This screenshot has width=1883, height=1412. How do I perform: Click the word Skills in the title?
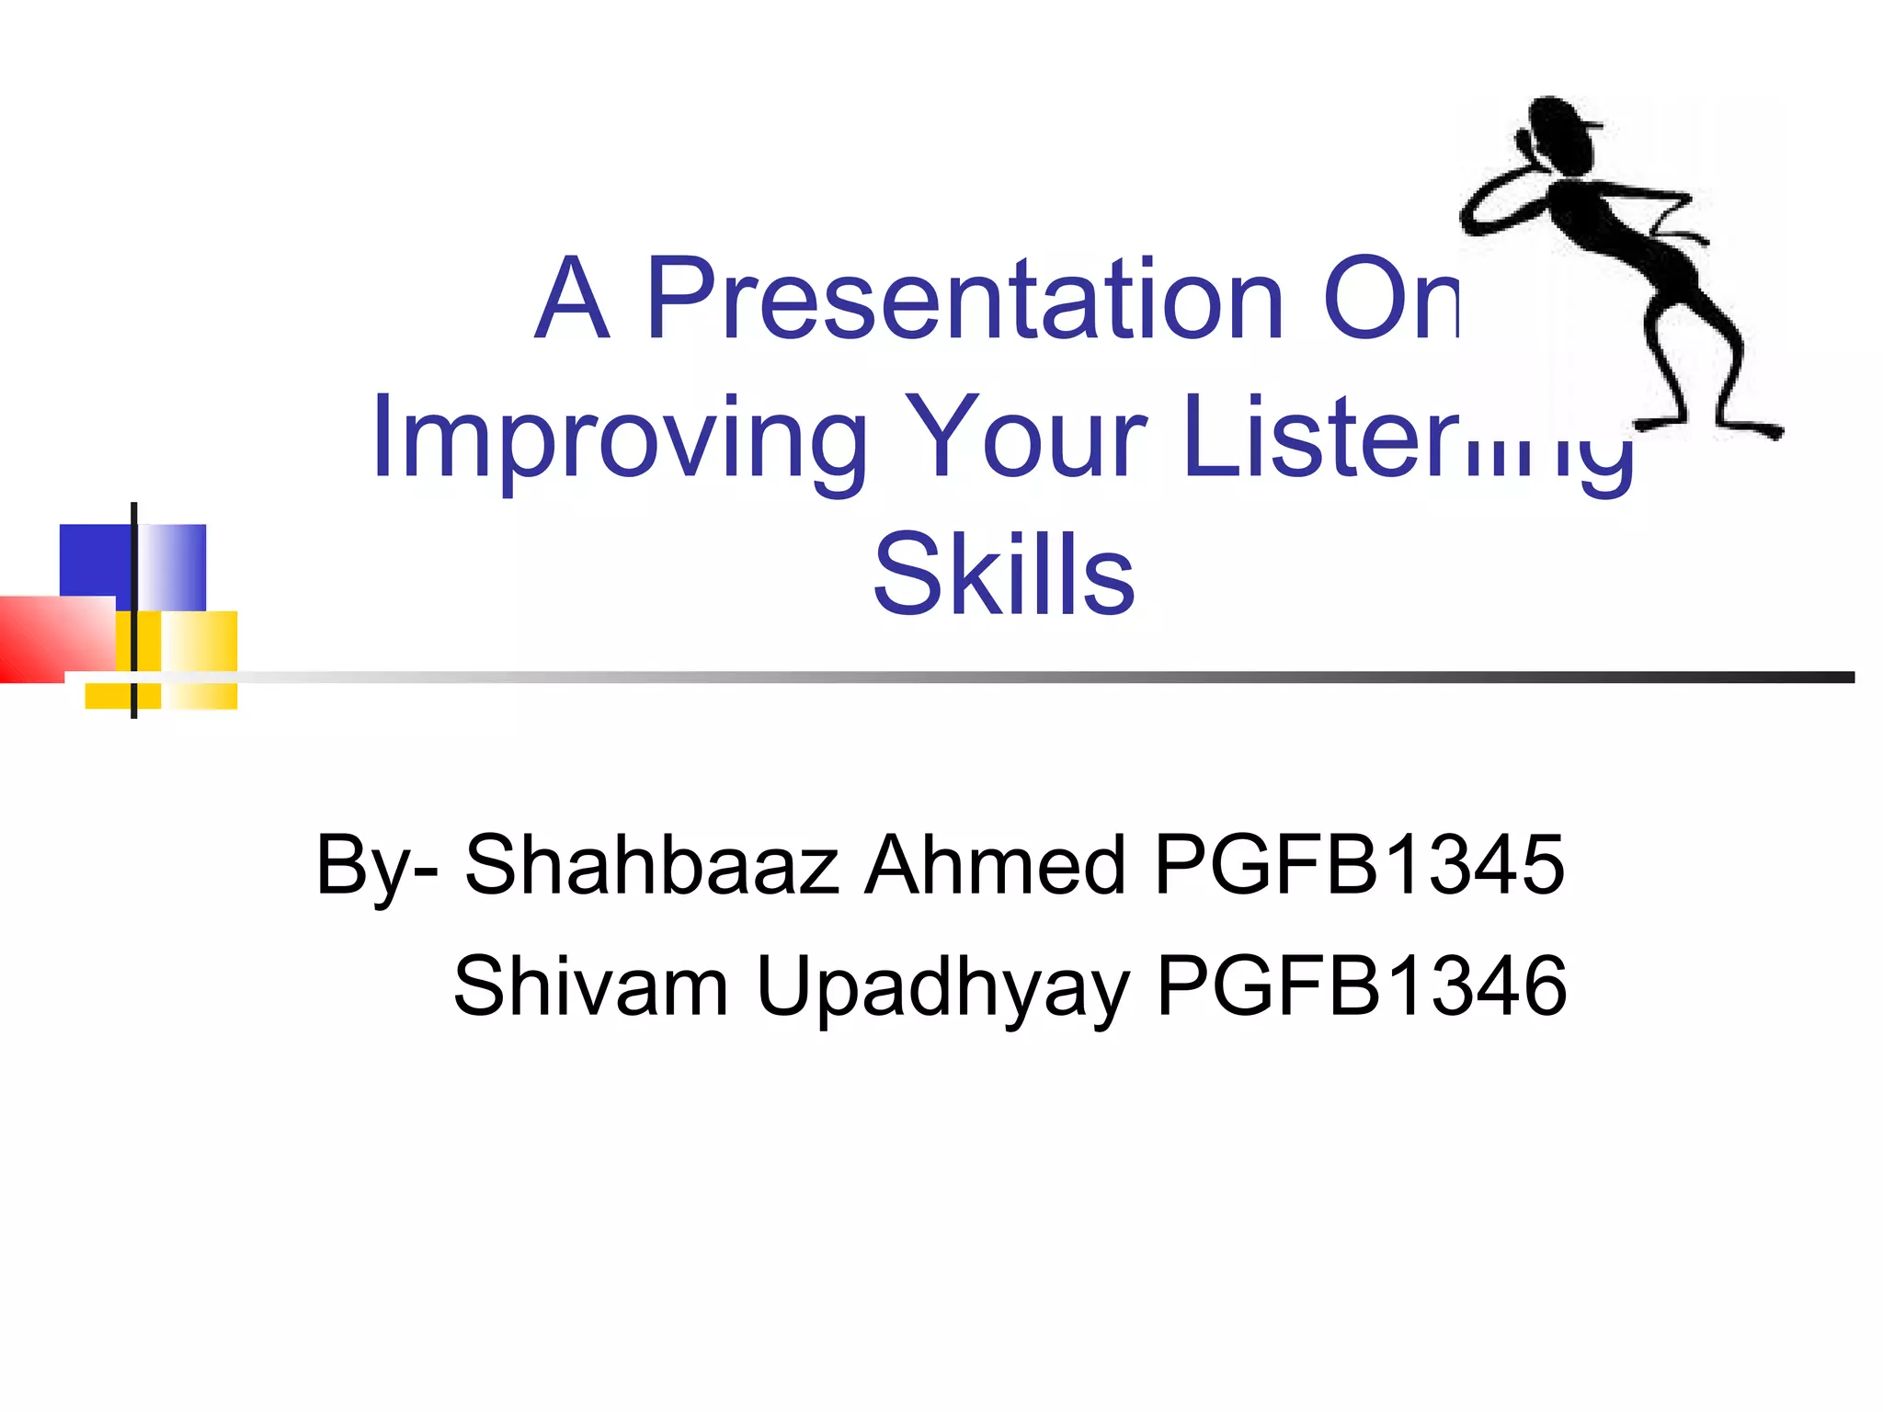tap(1004, 575)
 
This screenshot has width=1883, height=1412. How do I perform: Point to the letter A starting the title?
tap(572, 299)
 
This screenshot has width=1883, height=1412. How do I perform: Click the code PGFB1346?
tap(1361, 985)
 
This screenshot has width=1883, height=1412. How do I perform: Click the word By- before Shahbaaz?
tap(375, 866)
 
